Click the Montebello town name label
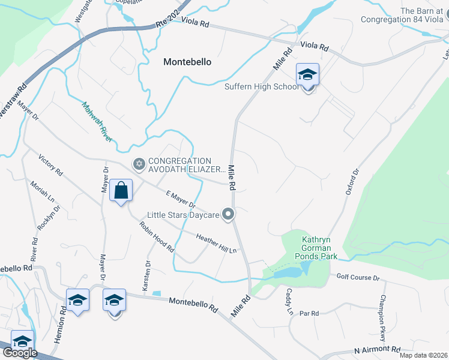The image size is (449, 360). [x=188, y=61]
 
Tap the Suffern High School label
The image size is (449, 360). [x=261, y=86]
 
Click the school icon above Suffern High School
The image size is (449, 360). [x=307, y=75]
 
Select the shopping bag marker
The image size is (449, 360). [x=121, y=190]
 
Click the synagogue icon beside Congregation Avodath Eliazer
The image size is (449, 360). [x=139, y=164]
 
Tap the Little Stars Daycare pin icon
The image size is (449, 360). [x=228, y=214]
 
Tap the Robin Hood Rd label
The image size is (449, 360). [x=157, y=236]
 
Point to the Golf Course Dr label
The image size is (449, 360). [x=358, y=278]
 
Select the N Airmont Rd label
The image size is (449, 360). [x=378, y=349]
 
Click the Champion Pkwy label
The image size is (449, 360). [x=382, y=316]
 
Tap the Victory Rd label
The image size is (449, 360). [x=50, y=164]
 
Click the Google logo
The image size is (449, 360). [x=19, y=353]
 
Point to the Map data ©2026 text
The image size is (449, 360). [x=423, y=355]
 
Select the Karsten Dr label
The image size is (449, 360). [x=146, y=276]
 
